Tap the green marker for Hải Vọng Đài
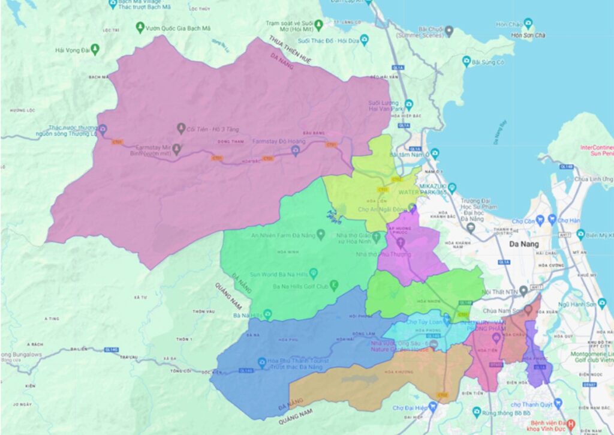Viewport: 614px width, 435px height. pyautogui.click(x=95, y=50)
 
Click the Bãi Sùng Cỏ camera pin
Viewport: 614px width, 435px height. pyautogui.click(x=466, y=61)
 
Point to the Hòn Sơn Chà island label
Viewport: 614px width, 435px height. pyautogui.click(x=528, y=35)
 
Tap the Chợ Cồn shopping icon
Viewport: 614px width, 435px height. pyautogui.click(x=538, y=221)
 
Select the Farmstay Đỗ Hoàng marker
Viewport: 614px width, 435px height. pyautogui.click(x=295, y=151)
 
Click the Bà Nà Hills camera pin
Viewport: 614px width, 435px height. pyautogui.click(x=267, y=314)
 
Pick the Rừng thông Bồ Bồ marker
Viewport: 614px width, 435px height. pyautogui.click(x=477, y=412)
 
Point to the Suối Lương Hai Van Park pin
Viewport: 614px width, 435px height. pyautogui.click(x=409, y=104)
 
